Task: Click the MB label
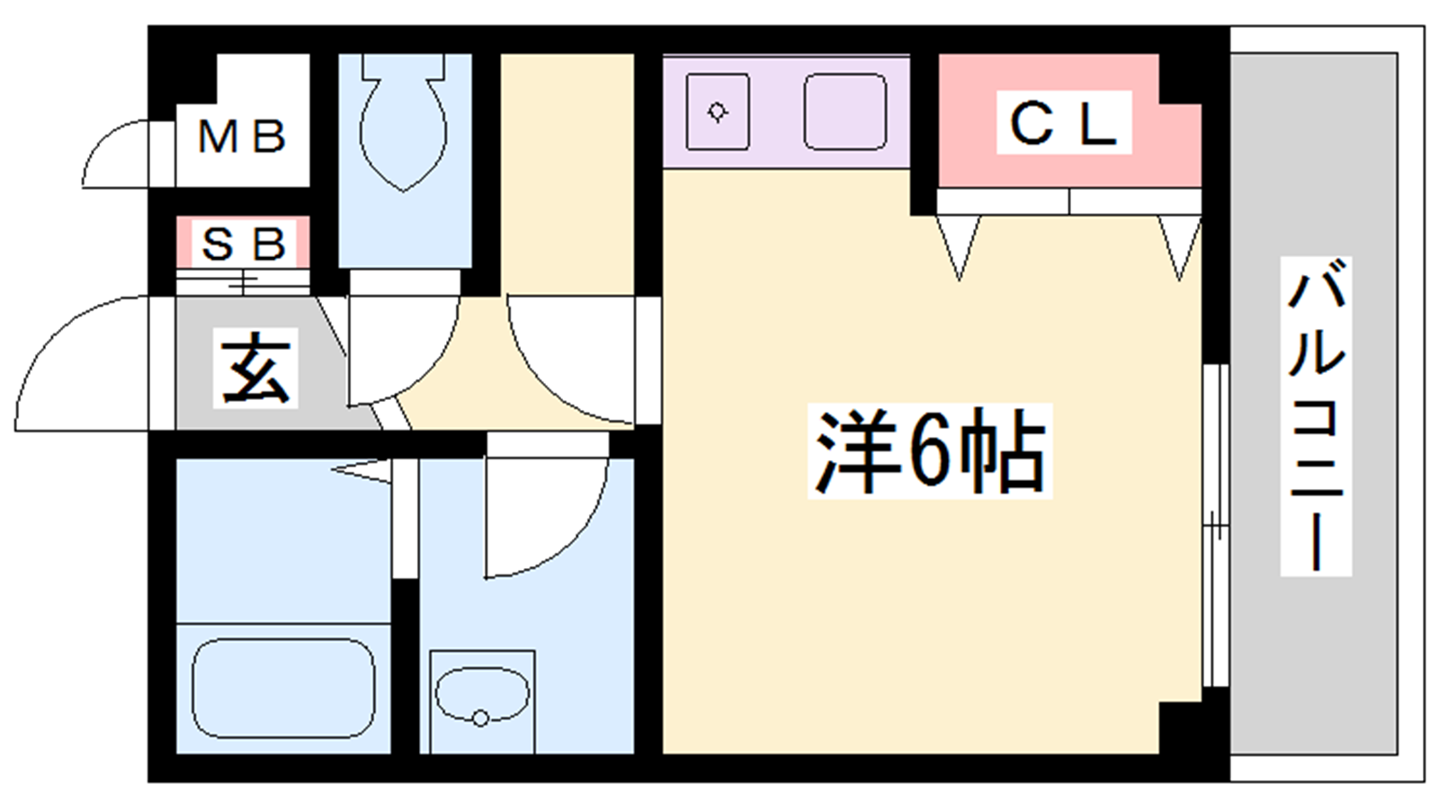[241, 138]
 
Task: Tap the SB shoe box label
[243, 243]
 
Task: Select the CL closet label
[1064, 124]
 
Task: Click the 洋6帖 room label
[929, 451]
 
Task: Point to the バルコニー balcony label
[1316, 416]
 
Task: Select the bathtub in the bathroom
[283, 689]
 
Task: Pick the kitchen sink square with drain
[718, 111]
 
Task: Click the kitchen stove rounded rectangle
[845, 111]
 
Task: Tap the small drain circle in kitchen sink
[718, 112]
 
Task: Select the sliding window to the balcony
[1215, 526]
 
